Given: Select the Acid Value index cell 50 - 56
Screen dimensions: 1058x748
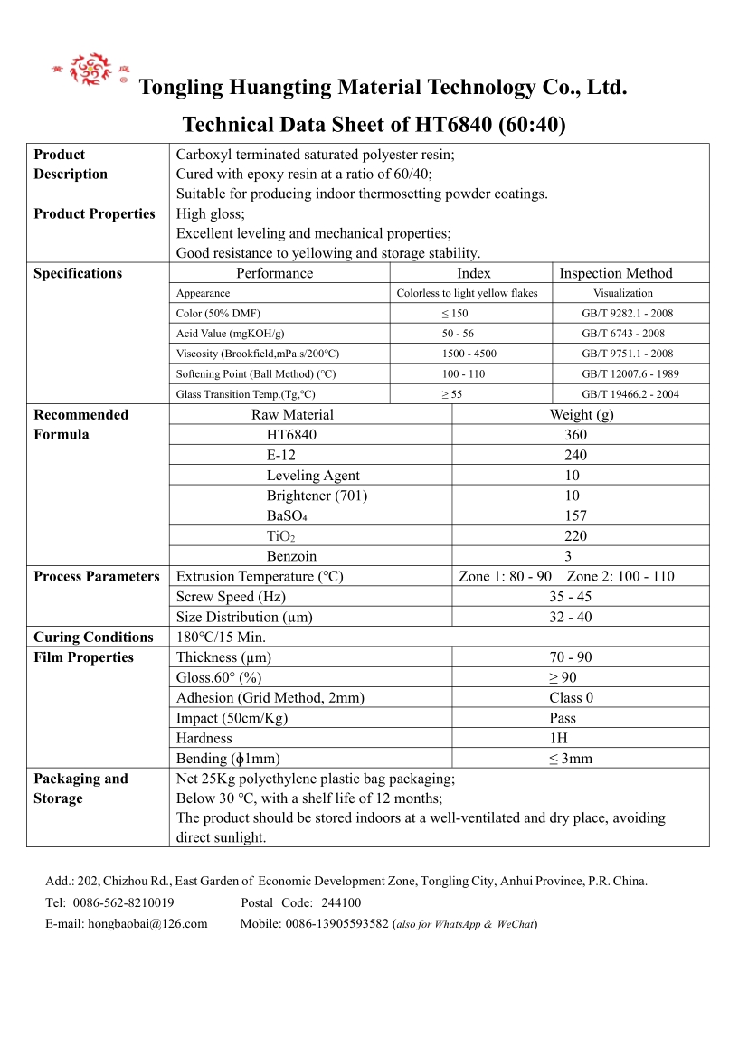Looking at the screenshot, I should (x=458, y=334).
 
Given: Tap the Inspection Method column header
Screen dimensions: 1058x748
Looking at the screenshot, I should (x=616, y=273).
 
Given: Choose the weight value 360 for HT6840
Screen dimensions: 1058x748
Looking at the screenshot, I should (x=575, y=435).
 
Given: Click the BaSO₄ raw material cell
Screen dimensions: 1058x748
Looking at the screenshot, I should (x=287, y=515).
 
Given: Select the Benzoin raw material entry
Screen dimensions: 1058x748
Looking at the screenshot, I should (x=291, y=556).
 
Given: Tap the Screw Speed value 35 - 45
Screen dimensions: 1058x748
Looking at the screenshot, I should (x=570, y=597).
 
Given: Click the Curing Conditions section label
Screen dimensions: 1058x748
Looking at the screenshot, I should (x=93, y=637).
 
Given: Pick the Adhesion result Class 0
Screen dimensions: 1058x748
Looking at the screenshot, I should (x=571, y=697).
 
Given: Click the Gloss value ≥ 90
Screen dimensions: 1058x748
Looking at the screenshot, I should (x=562, y=677).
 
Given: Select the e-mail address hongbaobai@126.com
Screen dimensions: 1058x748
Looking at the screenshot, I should (x=147, y=923).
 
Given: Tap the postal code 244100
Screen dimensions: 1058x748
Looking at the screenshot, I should (x=341, y=902).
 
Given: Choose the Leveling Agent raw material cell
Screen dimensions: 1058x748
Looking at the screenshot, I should (x=312, y=476).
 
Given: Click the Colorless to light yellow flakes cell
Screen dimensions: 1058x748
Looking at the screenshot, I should (x=467, y=293).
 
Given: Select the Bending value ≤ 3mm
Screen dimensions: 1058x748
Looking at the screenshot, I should (x=570, y=759).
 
